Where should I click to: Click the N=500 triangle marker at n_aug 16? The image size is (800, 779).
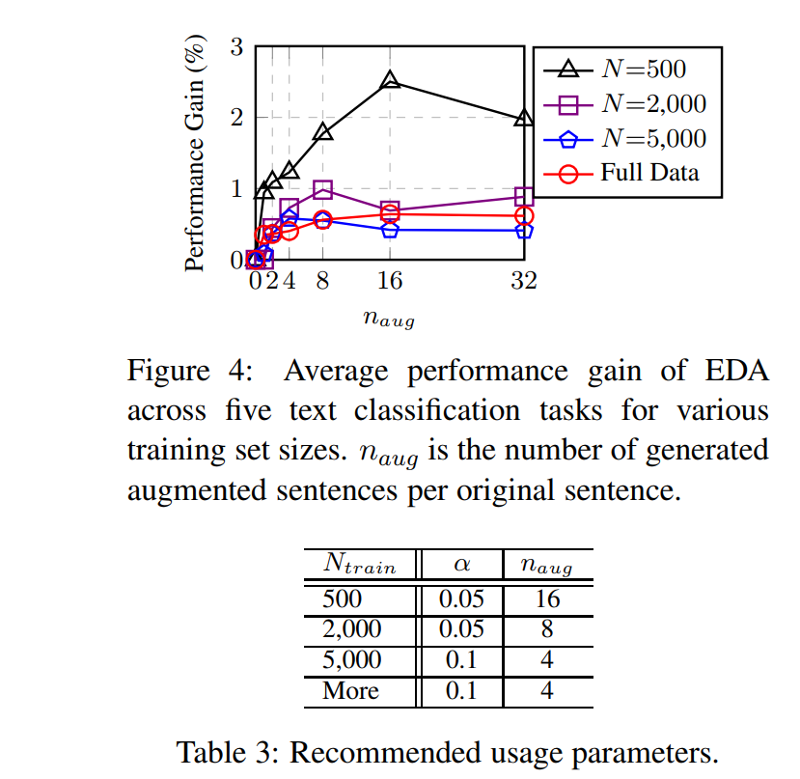point(390,81)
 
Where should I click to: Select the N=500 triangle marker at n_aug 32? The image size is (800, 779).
point(524,119)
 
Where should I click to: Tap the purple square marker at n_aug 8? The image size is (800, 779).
point(323,190)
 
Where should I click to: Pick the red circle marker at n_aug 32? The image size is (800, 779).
point(524,216)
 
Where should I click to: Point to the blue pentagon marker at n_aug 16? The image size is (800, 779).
point(390,230)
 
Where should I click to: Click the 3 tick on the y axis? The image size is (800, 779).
point(235,45)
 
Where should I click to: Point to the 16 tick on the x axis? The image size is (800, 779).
point(390,281)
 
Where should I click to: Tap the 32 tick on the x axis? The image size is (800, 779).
point(524,281)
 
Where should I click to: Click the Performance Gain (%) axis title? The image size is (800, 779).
point(195,154)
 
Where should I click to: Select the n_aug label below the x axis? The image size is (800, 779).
point(389,318)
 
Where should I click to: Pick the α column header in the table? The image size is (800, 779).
point(461,565)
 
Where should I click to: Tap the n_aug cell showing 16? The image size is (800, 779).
point(547,598)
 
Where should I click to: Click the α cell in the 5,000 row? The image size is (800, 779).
point(461,660)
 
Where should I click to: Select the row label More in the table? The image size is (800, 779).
point(351,691)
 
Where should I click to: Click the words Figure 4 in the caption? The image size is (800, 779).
point(182,372)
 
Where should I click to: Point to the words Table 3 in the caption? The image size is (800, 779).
point(226,751)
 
